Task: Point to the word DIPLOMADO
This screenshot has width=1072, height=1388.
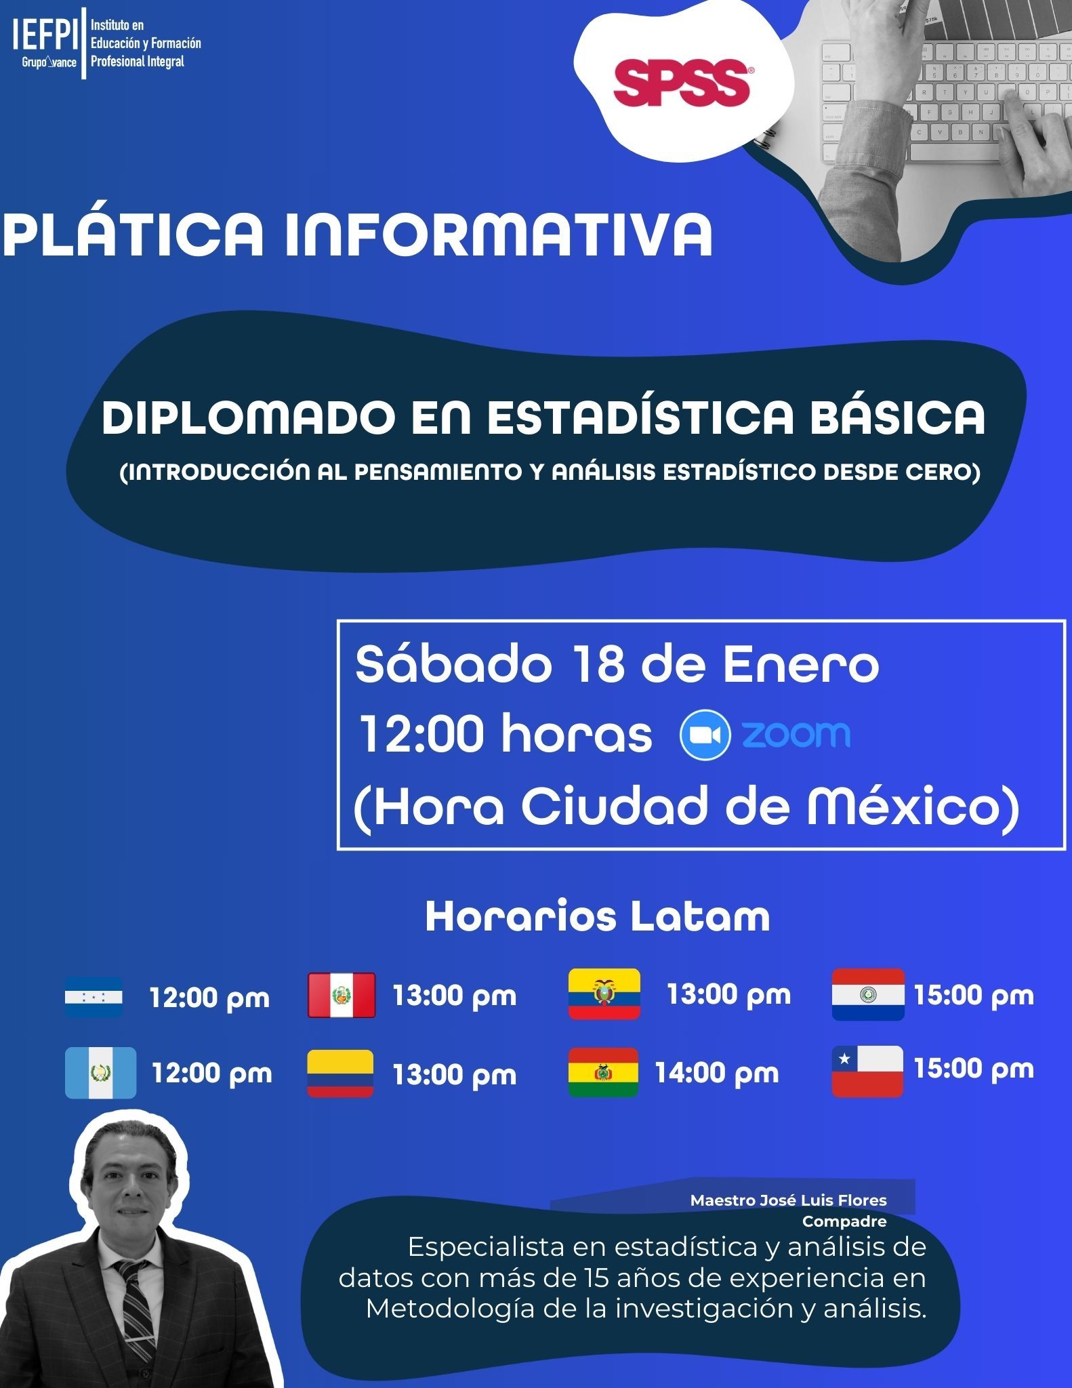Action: (x=249, y=417)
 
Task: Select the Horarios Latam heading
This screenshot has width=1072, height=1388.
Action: (x=598, y=916)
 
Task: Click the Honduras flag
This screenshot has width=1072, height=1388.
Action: (x=94, y=997)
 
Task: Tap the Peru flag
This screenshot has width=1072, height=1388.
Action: (x=342, y=995)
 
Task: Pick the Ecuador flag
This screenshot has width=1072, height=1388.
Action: (x=604, y=994)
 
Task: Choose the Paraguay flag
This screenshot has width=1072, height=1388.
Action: (x=868, y=994)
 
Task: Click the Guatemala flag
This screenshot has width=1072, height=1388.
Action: (x=100, y=1073)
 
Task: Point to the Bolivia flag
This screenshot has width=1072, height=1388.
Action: (x=603, y=1072)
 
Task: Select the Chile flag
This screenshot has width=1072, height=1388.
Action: (x=867, y=1071)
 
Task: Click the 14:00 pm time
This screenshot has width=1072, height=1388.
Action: (x=716, y=1073)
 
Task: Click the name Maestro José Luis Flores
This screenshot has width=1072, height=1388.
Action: (x=789, y=1200)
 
